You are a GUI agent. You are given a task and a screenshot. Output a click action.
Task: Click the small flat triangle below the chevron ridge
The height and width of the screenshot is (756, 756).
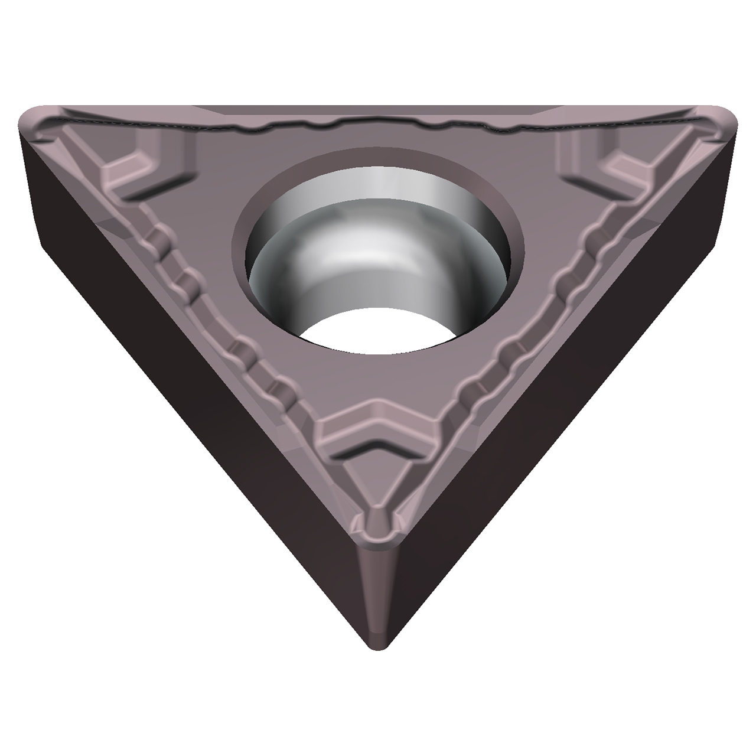pyautogui.click(x=378, y=484)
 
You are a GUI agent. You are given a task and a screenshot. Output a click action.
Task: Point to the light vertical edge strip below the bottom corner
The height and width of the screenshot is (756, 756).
pyautogui.click(x=378, y=591)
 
